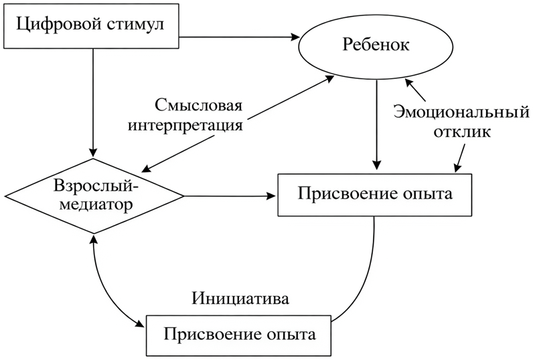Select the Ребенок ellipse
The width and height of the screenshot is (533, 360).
click(376, 48)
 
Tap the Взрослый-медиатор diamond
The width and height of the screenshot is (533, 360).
click(94, 195)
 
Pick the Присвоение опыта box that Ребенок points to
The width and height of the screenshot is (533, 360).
click(374, 195)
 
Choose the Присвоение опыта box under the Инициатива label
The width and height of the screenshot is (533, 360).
click(239, 332)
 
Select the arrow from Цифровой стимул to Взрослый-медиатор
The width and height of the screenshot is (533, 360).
click(94, 100)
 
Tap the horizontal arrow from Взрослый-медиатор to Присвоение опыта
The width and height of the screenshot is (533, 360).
click(228, 196)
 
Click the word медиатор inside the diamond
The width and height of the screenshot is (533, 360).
click(94, 205)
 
